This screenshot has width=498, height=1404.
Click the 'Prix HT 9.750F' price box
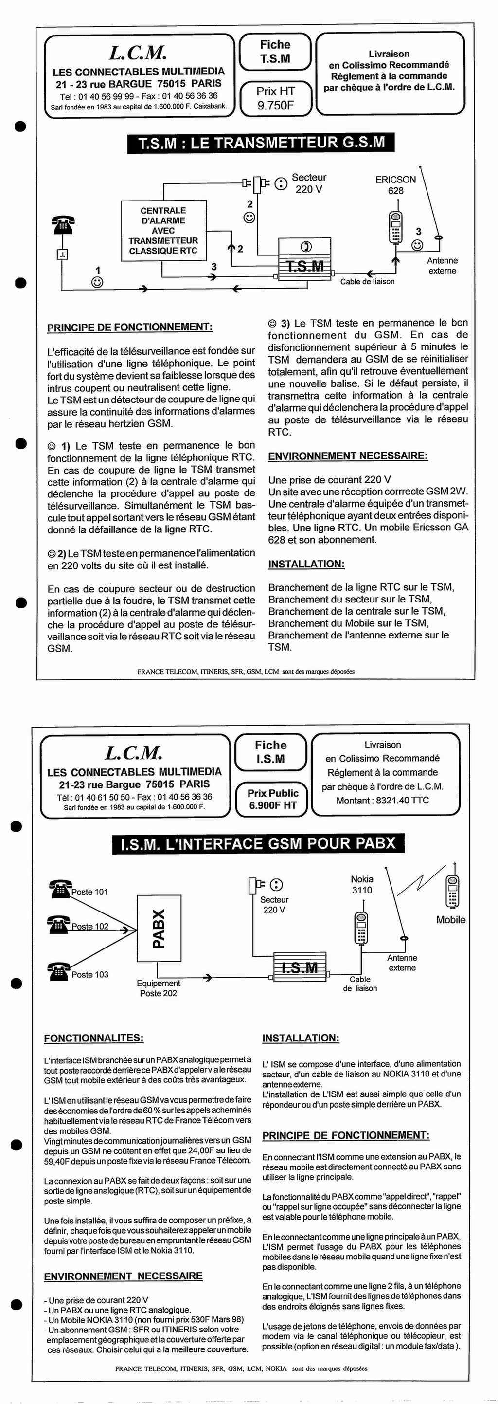(x=275, y=99)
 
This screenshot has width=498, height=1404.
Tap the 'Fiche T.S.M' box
(x=275, y=52)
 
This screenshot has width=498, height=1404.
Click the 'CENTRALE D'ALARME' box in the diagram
(x=163, y=231)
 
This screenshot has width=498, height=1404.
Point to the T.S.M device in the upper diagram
(x=304, y=260)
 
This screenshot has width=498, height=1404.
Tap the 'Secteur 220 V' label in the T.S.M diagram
(x=309, y=183)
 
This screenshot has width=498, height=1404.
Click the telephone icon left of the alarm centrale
(x=63, y=224)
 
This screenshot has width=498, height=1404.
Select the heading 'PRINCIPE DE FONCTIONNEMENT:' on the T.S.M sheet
(x=130, y=328)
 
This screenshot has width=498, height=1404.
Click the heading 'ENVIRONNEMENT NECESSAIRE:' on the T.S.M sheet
(x=348, y=456)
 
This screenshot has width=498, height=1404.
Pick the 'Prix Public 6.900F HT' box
(x=272, y=799)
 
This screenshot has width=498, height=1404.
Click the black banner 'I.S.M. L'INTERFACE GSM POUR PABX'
(x=258, y=844)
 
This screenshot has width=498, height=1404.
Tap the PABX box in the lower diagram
(x=159, y=929)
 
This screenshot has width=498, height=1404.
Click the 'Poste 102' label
(x=90, y=926)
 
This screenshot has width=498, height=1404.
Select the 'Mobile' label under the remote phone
(x=451, y=919)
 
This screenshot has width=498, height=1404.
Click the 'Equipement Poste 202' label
(x=158, y=988)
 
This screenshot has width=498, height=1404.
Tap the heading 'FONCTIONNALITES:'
(x=94, y=1038)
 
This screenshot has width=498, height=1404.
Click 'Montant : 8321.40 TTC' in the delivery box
(x=382, y=801)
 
